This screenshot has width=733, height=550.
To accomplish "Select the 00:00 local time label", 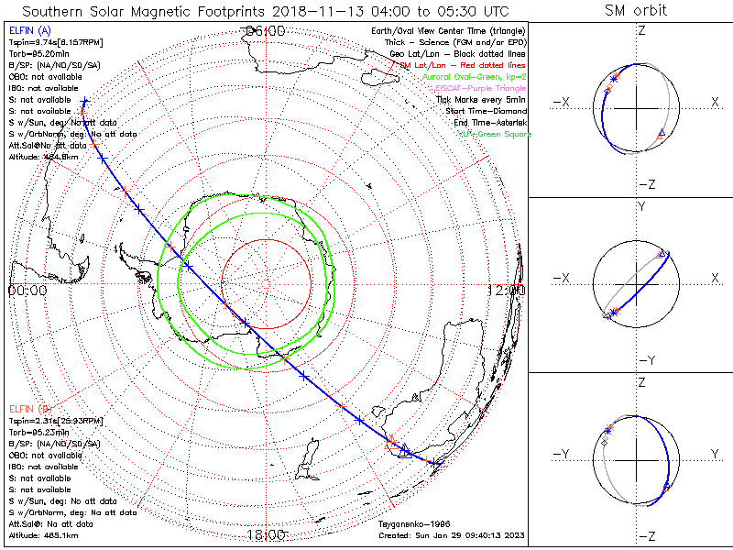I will (x=27, y=290).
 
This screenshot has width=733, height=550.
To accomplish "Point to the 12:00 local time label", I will (x=508, y=290).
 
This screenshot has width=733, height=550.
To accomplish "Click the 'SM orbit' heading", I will (x=636, y=10).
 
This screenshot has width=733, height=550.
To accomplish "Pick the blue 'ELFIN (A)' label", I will (x=29, y=31).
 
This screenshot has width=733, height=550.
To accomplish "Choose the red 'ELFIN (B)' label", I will (x=29, y=408).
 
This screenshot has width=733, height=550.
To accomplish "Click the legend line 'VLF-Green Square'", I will (x=494, y=134).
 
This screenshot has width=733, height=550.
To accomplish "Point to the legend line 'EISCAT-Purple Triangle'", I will (x=478, y=88).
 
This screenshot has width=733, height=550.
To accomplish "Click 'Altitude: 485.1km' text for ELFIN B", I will (x=44, y=535).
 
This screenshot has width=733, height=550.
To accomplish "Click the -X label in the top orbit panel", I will (x=562, y=102).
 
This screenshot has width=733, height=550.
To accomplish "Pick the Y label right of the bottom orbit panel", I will (x=714, y=453).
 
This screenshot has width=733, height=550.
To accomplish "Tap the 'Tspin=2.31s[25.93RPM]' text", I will (x=55, y=420).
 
